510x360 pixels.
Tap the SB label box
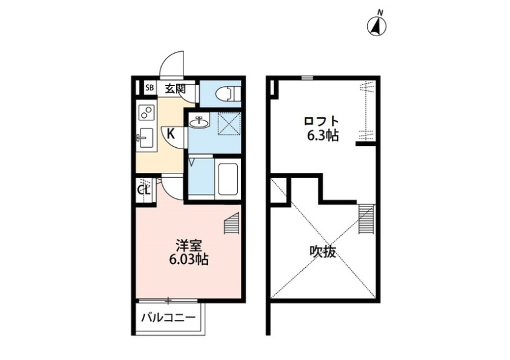coord(149,88)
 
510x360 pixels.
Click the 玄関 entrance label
coord(175,89)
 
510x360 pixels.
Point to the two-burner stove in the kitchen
coord(147,114)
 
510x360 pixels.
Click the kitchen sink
coord(145,138)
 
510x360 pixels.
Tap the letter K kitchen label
coord(170,132)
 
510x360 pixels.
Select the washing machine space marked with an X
coord(228,123)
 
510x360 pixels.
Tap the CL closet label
coord(143,188)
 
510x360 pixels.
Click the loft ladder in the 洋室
coord(232,222)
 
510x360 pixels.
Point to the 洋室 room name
coord(187,246)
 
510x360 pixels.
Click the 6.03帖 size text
coord(188,260)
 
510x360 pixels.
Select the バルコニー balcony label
coord(168,318)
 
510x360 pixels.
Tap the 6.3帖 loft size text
coord(321,135)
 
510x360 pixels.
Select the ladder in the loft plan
coord(366,219)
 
